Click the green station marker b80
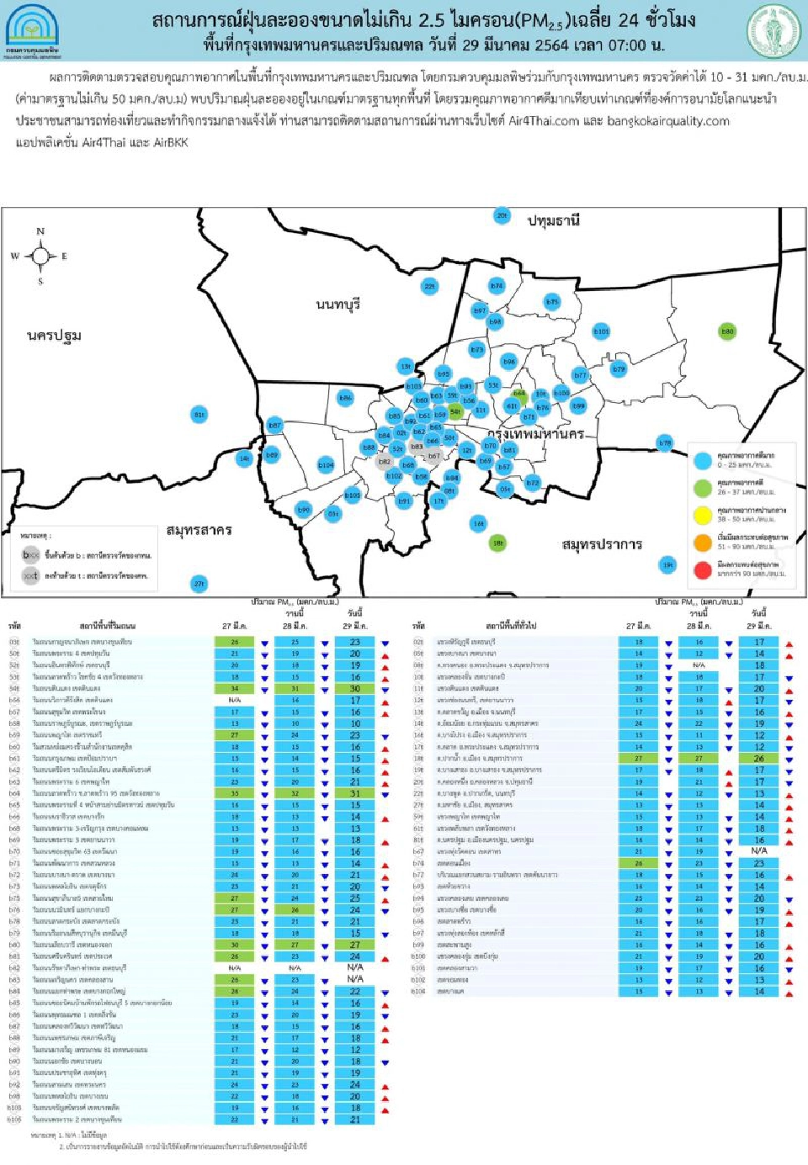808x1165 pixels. click(x=727, y=331)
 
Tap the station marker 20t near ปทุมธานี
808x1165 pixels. click(x=502, y=215)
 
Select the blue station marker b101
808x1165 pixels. click(x=601, y=331)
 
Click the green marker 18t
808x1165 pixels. click(x=497, y=543)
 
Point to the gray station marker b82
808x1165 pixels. click(x=385, y=462)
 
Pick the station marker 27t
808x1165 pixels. click(x=199, y=584)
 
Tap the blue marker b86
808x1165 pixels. click(x=345, y=397)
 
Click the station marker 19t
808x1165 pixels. click(x=667, y=564)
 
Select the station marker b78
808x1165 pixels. click(x=665, y=442)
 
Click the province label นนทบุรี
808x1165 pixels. click(x=338, y=304)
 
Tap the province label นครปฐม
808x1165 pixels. click(x=54, y=336)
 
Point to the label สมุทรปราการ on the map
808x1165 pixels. click(x=602, y=544)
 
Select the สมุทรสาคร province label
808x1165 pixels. click(x=199, y=530)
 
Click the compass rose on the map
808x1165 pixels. click(x=40, y=256)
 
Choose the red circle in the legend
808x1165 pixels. click(x=703, y=569)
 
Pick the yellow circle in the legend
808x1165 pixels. click(x=703, y=515)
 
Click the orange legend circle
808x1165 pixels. click(x=703, y=543)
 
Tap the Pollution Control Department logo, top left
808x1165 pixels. click(x=32, y=30)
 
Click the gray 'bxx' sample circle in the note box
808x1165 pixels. click(x=31, y=555)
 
